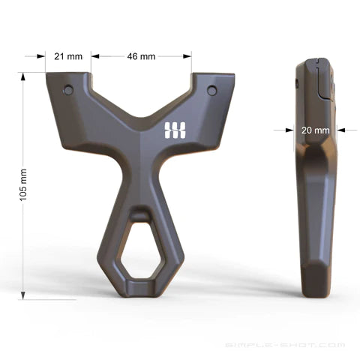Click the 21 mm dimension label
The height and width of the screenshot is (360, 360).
[68, 56]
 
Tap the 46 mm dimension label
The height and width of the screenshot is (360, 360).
[141, 56]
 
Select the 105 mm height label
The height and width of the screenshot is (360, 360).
[23, 185]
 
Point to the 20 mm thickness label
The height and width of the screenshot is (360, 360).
[315, 130]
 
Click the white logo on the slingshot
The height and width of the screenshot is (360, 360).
[175, 130]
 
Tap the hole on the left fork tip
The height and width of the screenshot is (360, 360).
[68, 90]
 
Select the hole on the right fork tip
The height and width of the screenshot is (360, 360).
[212, 90]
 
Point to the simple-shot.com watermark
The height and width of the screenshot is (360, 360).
[285, 345]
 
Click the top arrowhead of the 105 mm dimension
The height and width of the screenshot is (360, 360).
[23, 76]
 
